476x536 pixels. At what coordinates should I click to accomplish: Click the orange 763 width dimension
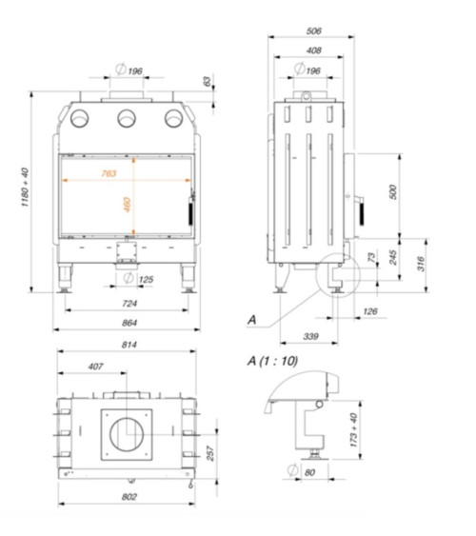(109, 173)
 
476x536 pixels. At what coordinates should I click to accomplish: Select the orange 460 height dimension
(128, 205)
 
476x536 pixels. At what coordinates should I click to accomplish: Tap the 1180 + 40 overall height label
(26, 187)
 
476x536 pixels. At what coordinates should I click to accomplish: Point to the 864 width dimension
(129, 323)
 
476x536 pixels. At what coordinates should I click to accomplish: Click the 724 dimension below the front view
(129, 304)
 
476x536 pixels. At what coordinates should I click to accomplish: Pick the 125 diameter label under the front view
(146, 280)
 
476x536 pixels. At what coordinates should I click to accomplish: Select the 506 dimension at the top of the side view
(314, 31)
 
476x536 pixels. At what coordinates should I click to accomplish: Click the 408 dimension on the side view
(314, 50)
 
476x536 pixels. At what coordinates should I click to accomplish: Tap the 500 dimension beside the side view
(393, 191)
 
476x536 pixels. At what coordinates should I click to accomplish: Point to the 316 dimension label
(421, 264)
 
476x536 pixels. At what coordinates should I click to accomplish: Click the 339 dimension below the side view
(310, 336)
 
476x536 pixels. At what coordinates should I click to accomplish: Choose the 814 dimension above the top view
(129, 345)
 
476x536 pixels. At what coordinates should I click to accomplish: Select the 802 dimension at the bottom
(129, 497)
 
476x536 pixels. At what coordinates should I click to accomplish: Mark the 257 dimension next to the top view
(210, 453)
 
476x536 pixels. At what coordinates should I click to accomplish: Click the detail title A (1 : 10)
(272, 361)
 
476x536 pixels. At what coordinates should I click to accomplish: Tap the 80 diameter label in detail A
(309, 473)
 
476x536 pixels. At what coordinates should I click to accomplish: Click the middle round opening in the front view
(127, 118)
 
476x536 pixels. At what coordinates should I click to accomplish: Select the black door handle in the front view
(190, 213)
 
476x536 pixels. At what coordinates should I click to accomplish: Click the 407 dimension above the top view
(95, 367)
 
